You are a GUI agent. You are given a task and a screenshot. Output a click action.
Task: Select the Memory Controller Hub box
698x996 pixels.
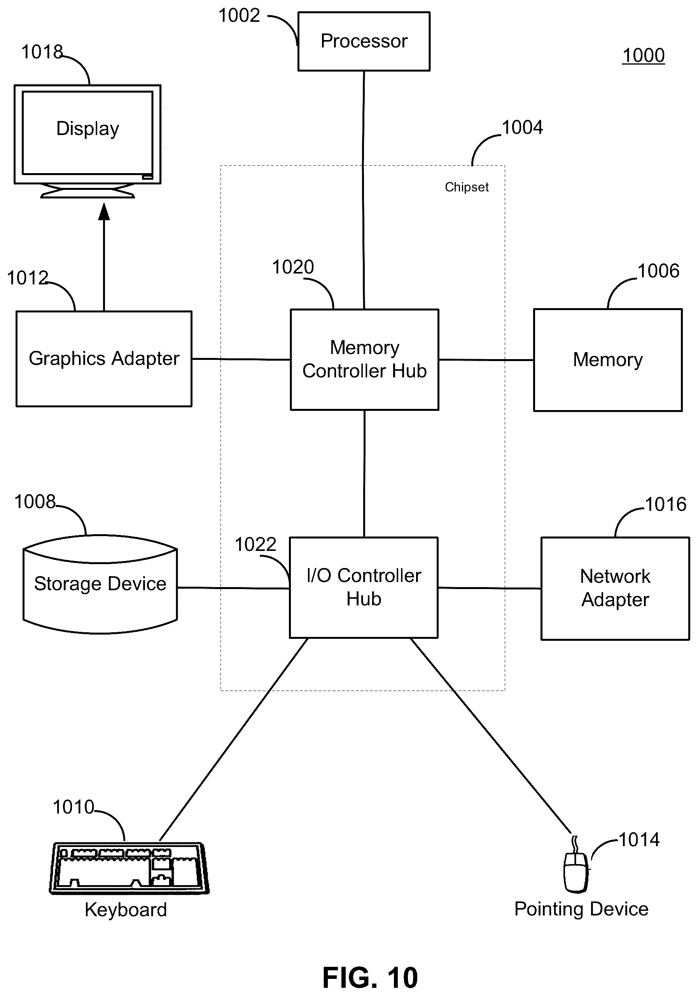[364, 359]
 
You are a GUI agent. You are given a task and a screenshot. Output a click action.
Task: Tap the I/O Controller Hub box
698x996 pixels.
[364, 587]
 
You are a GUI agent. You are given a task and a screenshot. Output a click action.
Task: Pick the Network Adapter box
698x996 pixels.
[615, 588]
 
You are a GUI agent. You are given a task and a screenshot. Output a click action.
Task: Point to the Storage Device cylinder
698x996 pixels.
[100, 584]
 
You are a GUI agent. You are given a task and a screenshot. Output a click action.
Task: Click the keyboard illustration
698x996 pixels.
[129, 868]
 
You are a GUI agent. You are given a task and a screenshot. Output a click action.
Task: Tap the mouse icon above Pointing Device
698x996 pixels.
[576, 871]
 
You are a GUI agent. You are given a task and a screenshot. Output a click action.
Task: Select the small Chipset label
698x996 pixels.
[467, 187]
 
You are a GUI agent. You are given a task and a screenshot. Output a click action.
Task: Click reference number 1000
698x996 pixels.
[644, 56]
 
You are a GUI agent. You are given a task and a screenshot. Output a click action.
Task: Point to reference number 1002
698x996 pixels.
[239, 16]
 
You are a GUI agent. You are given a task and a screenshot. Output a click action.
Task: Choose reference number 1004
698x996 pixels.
[522, 128]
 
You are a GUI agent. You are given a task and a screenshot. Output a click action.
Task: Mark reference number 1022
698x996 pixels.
[255, 544]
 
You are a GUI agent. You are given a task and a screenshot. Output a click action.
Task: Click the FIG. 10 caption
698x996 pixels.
[370, 978]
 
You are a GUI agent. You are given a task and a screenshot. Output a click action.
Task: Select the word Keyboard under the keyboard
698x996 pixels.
[126, 910]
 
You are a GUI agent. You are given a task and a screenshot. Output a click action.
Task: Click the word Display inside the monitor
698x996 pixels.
[87, 129]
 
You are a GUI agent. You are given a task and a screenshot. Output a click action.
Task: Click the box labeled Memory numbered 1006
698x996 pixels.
[607, 359]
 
